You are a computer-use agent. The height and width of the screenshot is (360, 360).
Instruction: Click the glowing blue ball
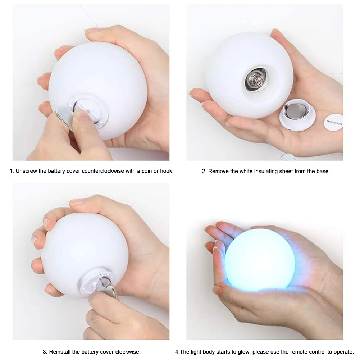[x=260, y=260]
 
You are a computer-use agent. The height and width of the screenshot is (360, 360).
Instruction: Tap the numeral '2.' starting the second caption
[x=204, y=171]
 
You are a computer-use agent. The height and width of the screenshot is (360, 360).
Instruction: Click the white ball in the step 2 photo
[x=248, y=72]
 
